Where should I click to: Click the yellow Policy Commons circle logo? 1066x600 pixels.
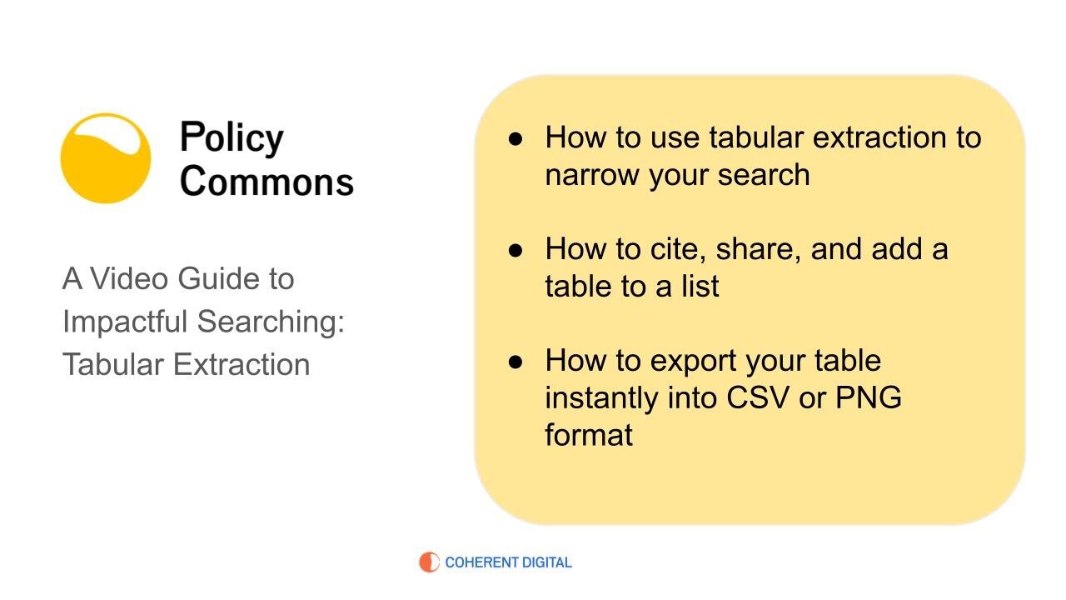tap(106, 158)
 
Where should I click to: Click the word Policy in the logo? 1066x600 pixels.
tap(232, 138)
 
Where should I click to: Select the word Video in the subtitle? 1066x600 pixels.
tap(128, 278)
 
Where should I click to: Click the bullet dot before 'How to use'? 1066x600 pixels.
tap(516, 138)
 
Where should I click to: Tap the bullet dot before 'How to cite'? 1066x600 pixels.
tap(516, 249)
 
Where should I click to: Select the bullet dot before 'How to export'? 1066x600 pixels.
tap(516, 361)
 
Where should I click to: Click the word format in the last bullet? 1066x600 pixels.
tap(589, 434)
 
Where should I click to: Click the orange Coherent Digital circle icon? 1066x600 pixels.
tap(429, 562)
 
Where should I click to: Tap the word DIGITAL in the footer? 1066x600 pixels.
tap(540, 562)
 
